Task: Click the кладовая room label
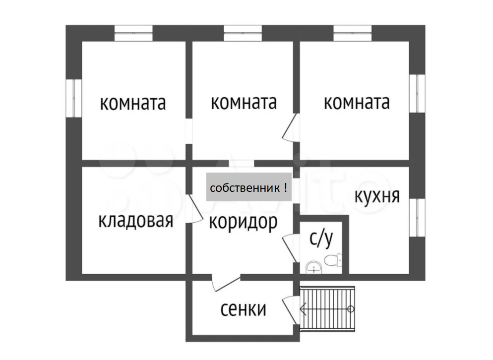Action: coord(135,221)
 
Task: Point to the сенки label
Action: coord(243,309)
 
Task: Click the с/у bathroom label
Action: coord(321,239)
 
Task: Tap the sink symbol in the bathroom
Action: coord(313,268)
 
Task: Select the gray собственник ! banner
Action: coord(248,187)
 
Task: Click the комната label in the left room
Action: coord(132,103)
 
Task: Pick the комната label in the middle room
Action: coord(244,103)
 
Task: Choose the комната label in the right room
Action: coord(356,102)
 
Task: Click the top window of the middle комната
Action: coord(243,33)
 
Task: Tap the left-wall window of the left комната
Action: coord(74,98)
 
